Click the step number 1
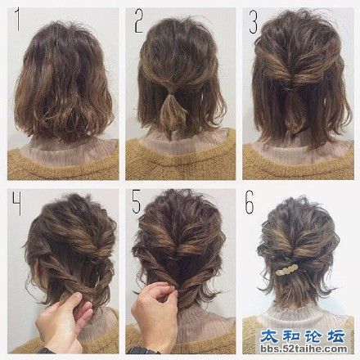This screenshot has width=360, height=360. (18, 19)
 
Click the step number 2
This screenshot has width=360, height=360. (139, 20)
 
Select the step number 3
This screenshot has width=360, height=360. (254, 22)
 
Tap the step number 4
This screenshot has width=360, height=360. (16, 203)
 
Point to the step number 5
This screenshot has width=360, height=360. (137, 202)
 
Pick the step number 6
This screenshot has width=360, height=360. (250, 202)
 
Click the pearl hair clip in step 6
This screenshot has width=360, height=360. (287, 271)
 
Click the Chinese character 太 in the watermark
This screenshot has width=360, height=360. (270, 336)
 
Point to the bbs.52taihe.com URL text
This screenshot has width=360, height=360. (304, 349)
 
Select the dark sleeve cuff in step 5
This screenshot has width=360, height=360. (140, 350)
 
